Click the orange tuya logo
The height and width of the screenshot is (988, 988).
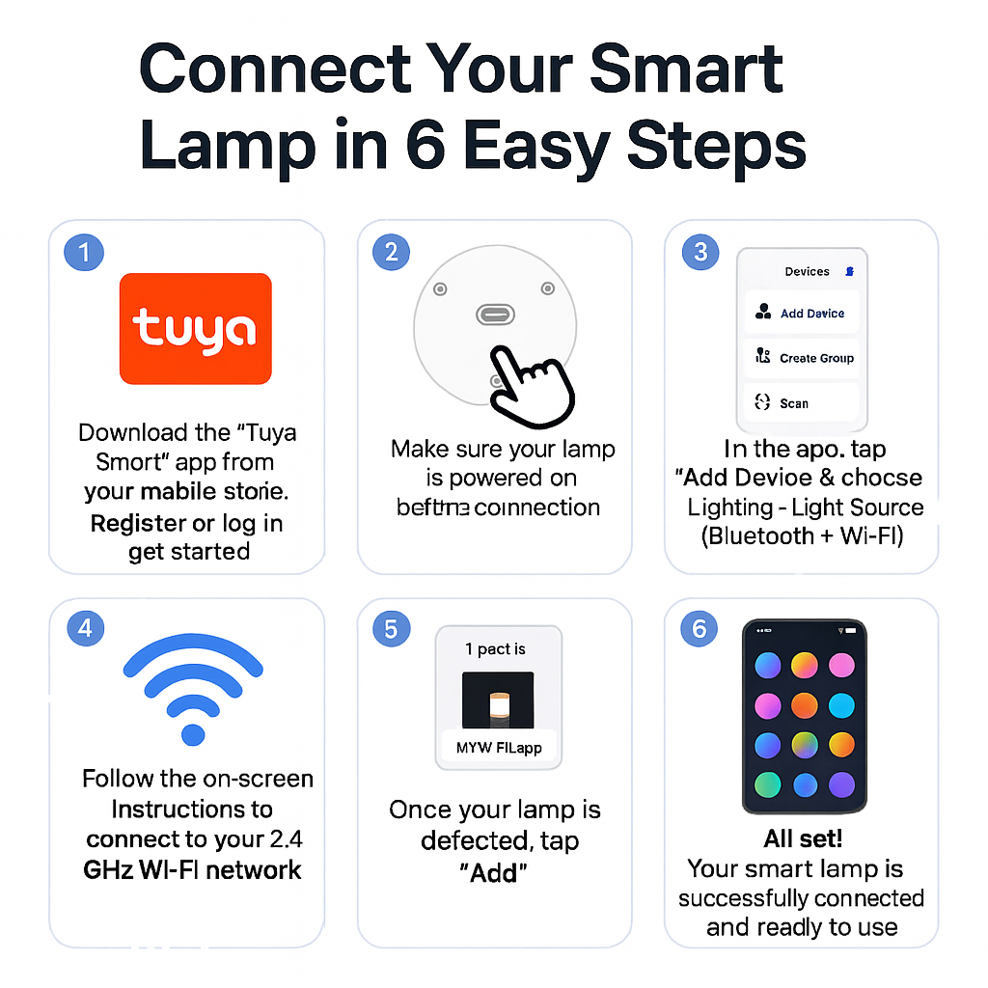click(x=195, y=328)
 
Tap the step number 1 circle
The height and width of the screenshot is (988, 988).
click(x=83, y=253)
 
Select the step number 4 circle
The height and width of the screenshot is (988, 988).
click(x=85, y=628)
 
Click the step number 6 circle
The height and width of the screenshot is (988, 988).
click(x=700, y=628)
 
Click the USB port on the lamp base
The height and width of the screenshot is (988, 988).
click(x=495, y=316)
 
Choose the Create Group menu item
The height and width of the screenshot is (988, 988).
click(x=803, y=358)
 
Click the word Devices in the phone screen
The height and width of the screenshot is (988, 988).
click(x=807, y=272)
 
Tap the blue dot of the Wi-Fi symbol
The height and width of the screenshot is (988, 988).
click(x=194, y=733)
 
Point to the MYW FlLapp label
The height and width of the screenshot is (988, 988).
click(x=498, y=747)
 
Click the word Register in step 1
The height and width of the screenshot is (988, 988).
click(x=138, y=523)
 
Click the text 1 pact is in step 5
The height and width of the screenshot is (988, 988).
click(x=495, y=649)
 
